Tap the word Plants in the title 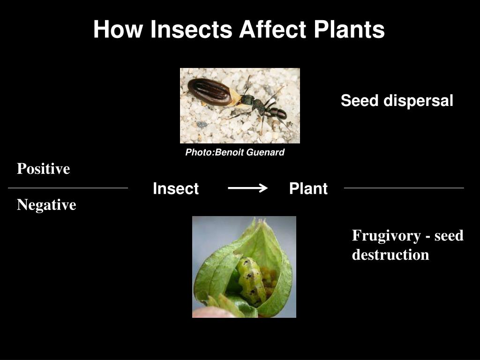(349, 30)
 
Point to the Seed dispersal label (397, 101)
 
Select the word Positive (43, 169)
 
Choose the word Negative (46, 205)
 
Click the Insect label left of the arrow (176, 189)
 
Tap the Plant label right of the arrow (308, 189)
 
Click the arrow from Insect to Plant (247, 188)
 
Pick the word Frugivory (385, 235)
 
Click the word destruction (390, 255)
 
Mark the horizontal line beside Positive (68, 188)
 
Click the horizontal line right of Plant (404, 188)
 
